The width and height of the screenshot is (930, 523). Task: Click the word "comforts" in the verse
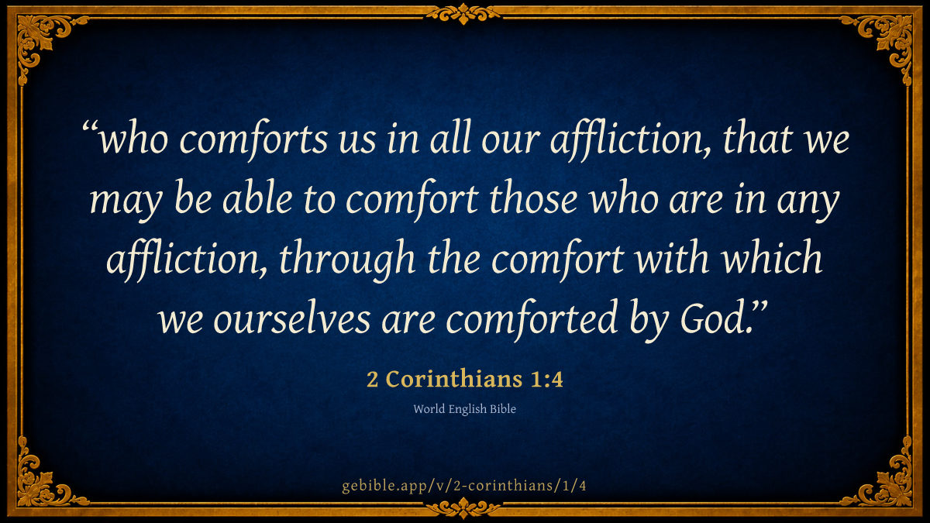253,139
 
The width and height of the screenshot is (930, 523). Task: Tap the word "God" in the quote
711,319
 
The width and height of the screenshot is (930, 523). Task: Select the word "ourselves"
292,320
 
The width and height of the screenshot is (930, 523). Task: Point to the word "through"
347,260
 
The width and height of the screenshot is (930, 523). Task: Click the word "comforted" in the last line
532,320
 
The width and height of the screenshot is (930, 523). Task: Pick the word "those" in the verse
533,200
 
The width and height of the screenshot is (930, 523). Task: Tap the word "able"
257,200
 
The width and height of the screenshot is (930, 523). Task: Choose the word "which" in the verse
772,260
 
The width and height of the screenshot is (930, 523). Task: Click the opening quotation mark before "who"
90,129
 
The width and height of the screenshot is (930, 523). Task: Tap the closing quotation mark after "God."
759,310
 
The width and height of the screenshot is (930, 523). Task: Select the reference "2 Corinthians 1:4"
464,379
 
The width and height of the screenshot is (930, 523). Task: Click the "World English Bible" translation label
464,409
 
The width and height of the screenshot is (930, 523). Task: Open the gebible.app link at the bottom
464,486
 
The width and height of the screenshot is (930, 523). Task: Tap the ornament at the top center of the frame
463,14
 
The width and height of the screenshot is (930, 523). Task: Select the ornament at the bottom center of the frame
463,508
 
